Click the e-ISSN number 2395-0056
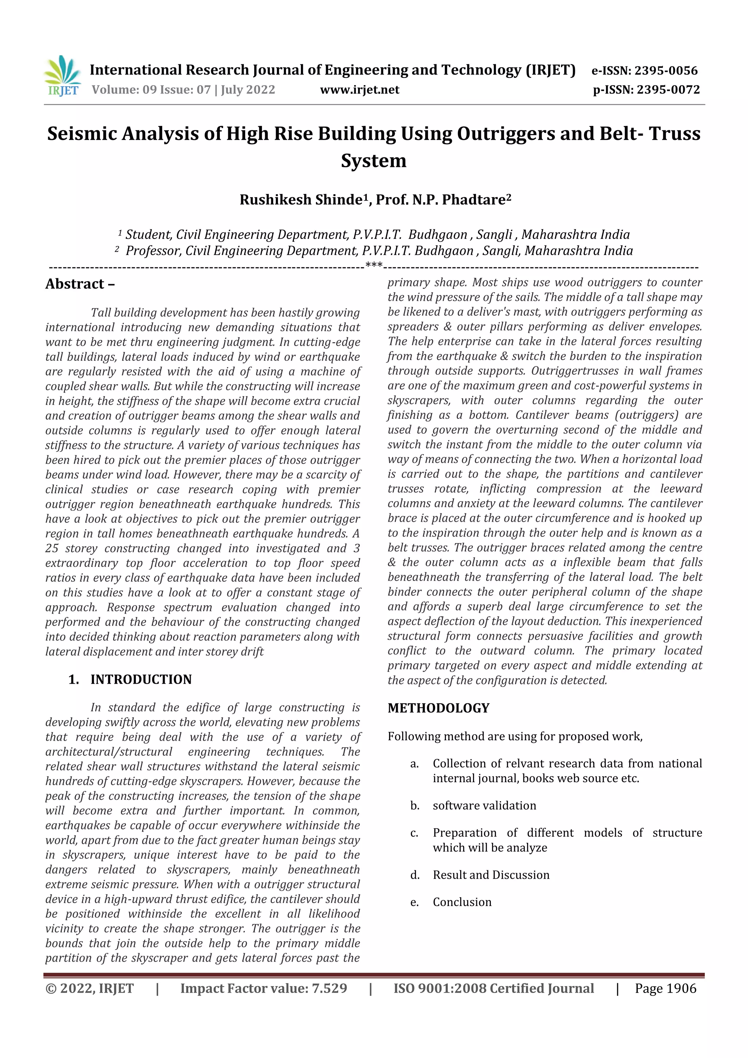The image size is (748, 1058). pyautogui.click(x=666, y=70)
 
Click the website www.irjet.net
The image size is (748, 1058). pyautogui.click(x=359, y=90)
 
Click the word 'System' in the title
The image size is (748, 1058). pyautogui.click(x=373, y=161)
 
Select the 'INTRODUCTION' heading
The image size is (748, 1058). pyautogui.click(x=141, y=679)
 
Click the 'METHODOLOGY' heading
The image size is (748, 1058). pyautogui.click(x=438, y=708)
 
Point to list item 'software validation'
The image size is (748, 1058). pyautogui.click(x=484, y=806)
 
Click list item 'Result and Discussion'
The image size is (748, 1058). pyautogui.click(x=491, y=875)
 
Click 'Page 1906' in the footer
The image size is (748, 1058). pyautogui.click(x=665, y=988)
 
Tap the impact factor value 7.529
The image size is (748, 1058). pyautogui.click(x=329, y=988)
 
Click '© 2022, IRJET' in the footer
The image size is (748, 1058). pyautogui.click(x=89, y=988)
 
